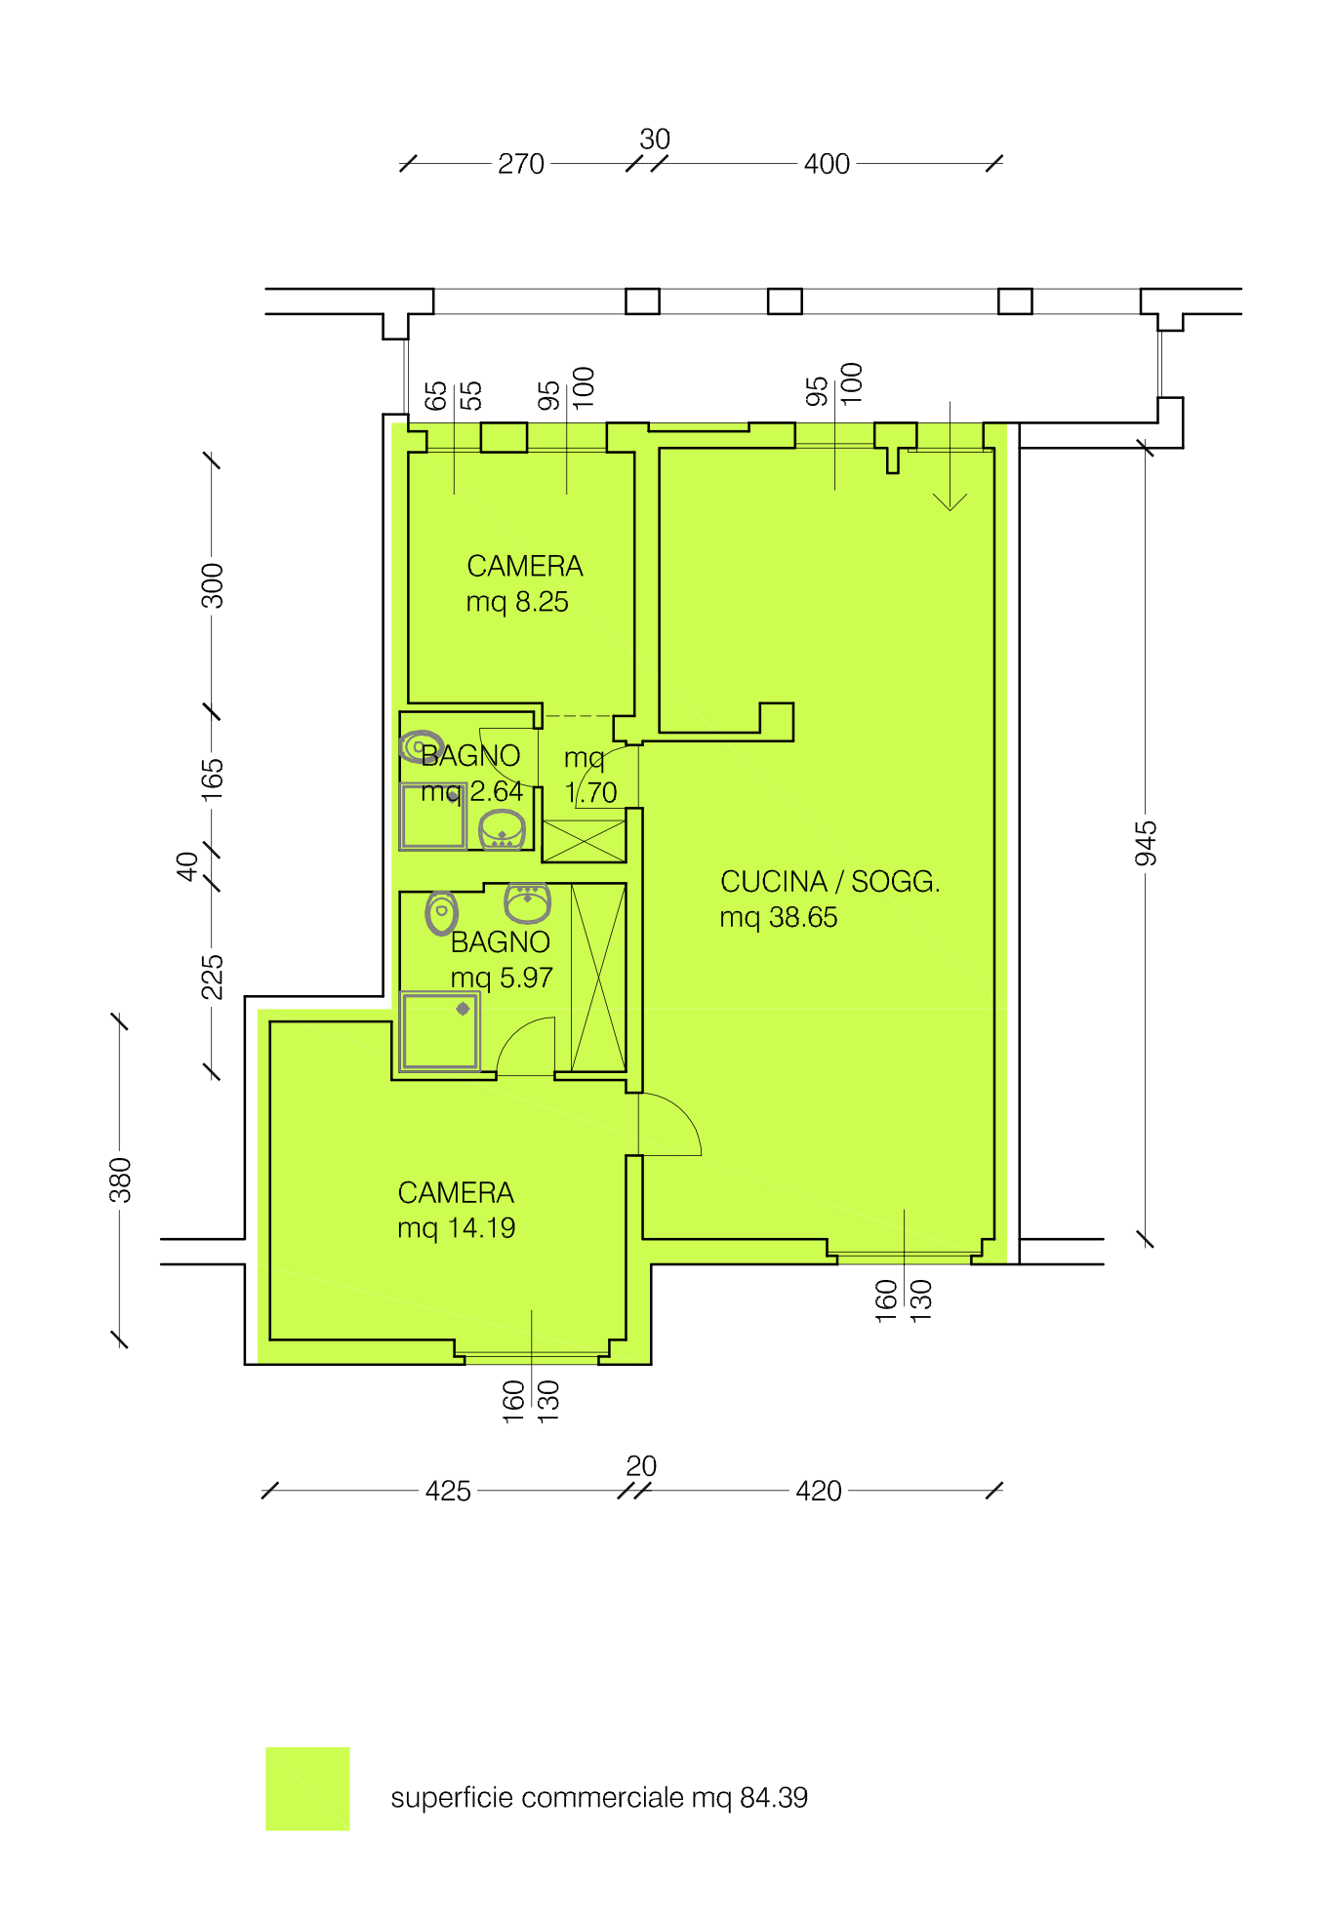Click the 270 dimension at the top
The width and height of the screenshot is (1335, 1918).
pyautogui.click(x=521, y=164)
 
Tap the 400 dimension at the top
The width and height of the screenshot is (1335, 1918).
pyautogui.click(x=827, y=164)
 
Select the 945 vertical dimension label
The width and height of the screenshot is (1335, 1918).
pyautogui.click(x=1146, y=844)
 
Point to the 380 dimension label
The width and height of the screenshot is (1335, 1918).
pyautogui.click(x=120, y=1179)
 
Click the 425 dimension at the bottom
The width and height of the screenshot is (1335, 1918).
pyautogui.click(x=448, y=1491)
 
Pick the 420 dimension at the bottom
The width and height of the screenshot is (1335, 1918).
pyautogui.click(x=819, y=1491)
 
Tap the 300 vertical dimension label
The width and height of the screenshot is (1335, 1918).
pyautogui.click(x=213, y=585)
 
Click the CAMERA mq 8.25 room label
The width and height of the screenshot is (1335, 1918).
pyautogui.click(x=524, y=583)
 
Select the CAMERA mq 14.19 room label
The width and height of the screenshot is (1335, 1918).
pyautogui.click(x=456, y=1210)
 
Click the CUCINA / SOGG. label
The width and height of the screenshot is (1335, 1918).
pyautogui.click(x=829, y=881)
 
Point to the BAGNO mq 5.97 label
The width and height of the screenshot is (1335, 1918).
pyautogui.click(x=501, y=959)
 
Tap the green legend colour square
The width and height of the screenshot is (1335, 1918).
pyautogui.click(x=307, y=1788)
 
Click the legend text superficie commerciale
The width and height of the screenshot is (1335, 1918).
pyautogui.click(x=537, y=1797)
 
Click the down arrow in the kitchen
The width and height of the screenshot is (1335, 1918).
pyautogui.click(x=950, y=456)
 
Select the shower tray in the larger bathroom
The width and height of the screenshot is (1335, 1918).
pyautogui.click(x=440, y=1031)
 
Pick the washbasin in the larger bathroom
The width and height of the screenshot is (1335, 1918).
pyautogui.click(x=527, y=902)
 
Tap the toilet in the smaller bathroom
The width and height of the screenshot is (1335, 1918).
pyautogui.click(x=422, y=747)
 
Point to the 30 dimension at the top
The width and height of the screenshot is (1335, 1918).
pyautogui.click(x=655, y=140)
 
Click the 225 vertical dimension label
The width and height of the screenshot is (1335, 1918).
pyautogui.click(x=213, y=978)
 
